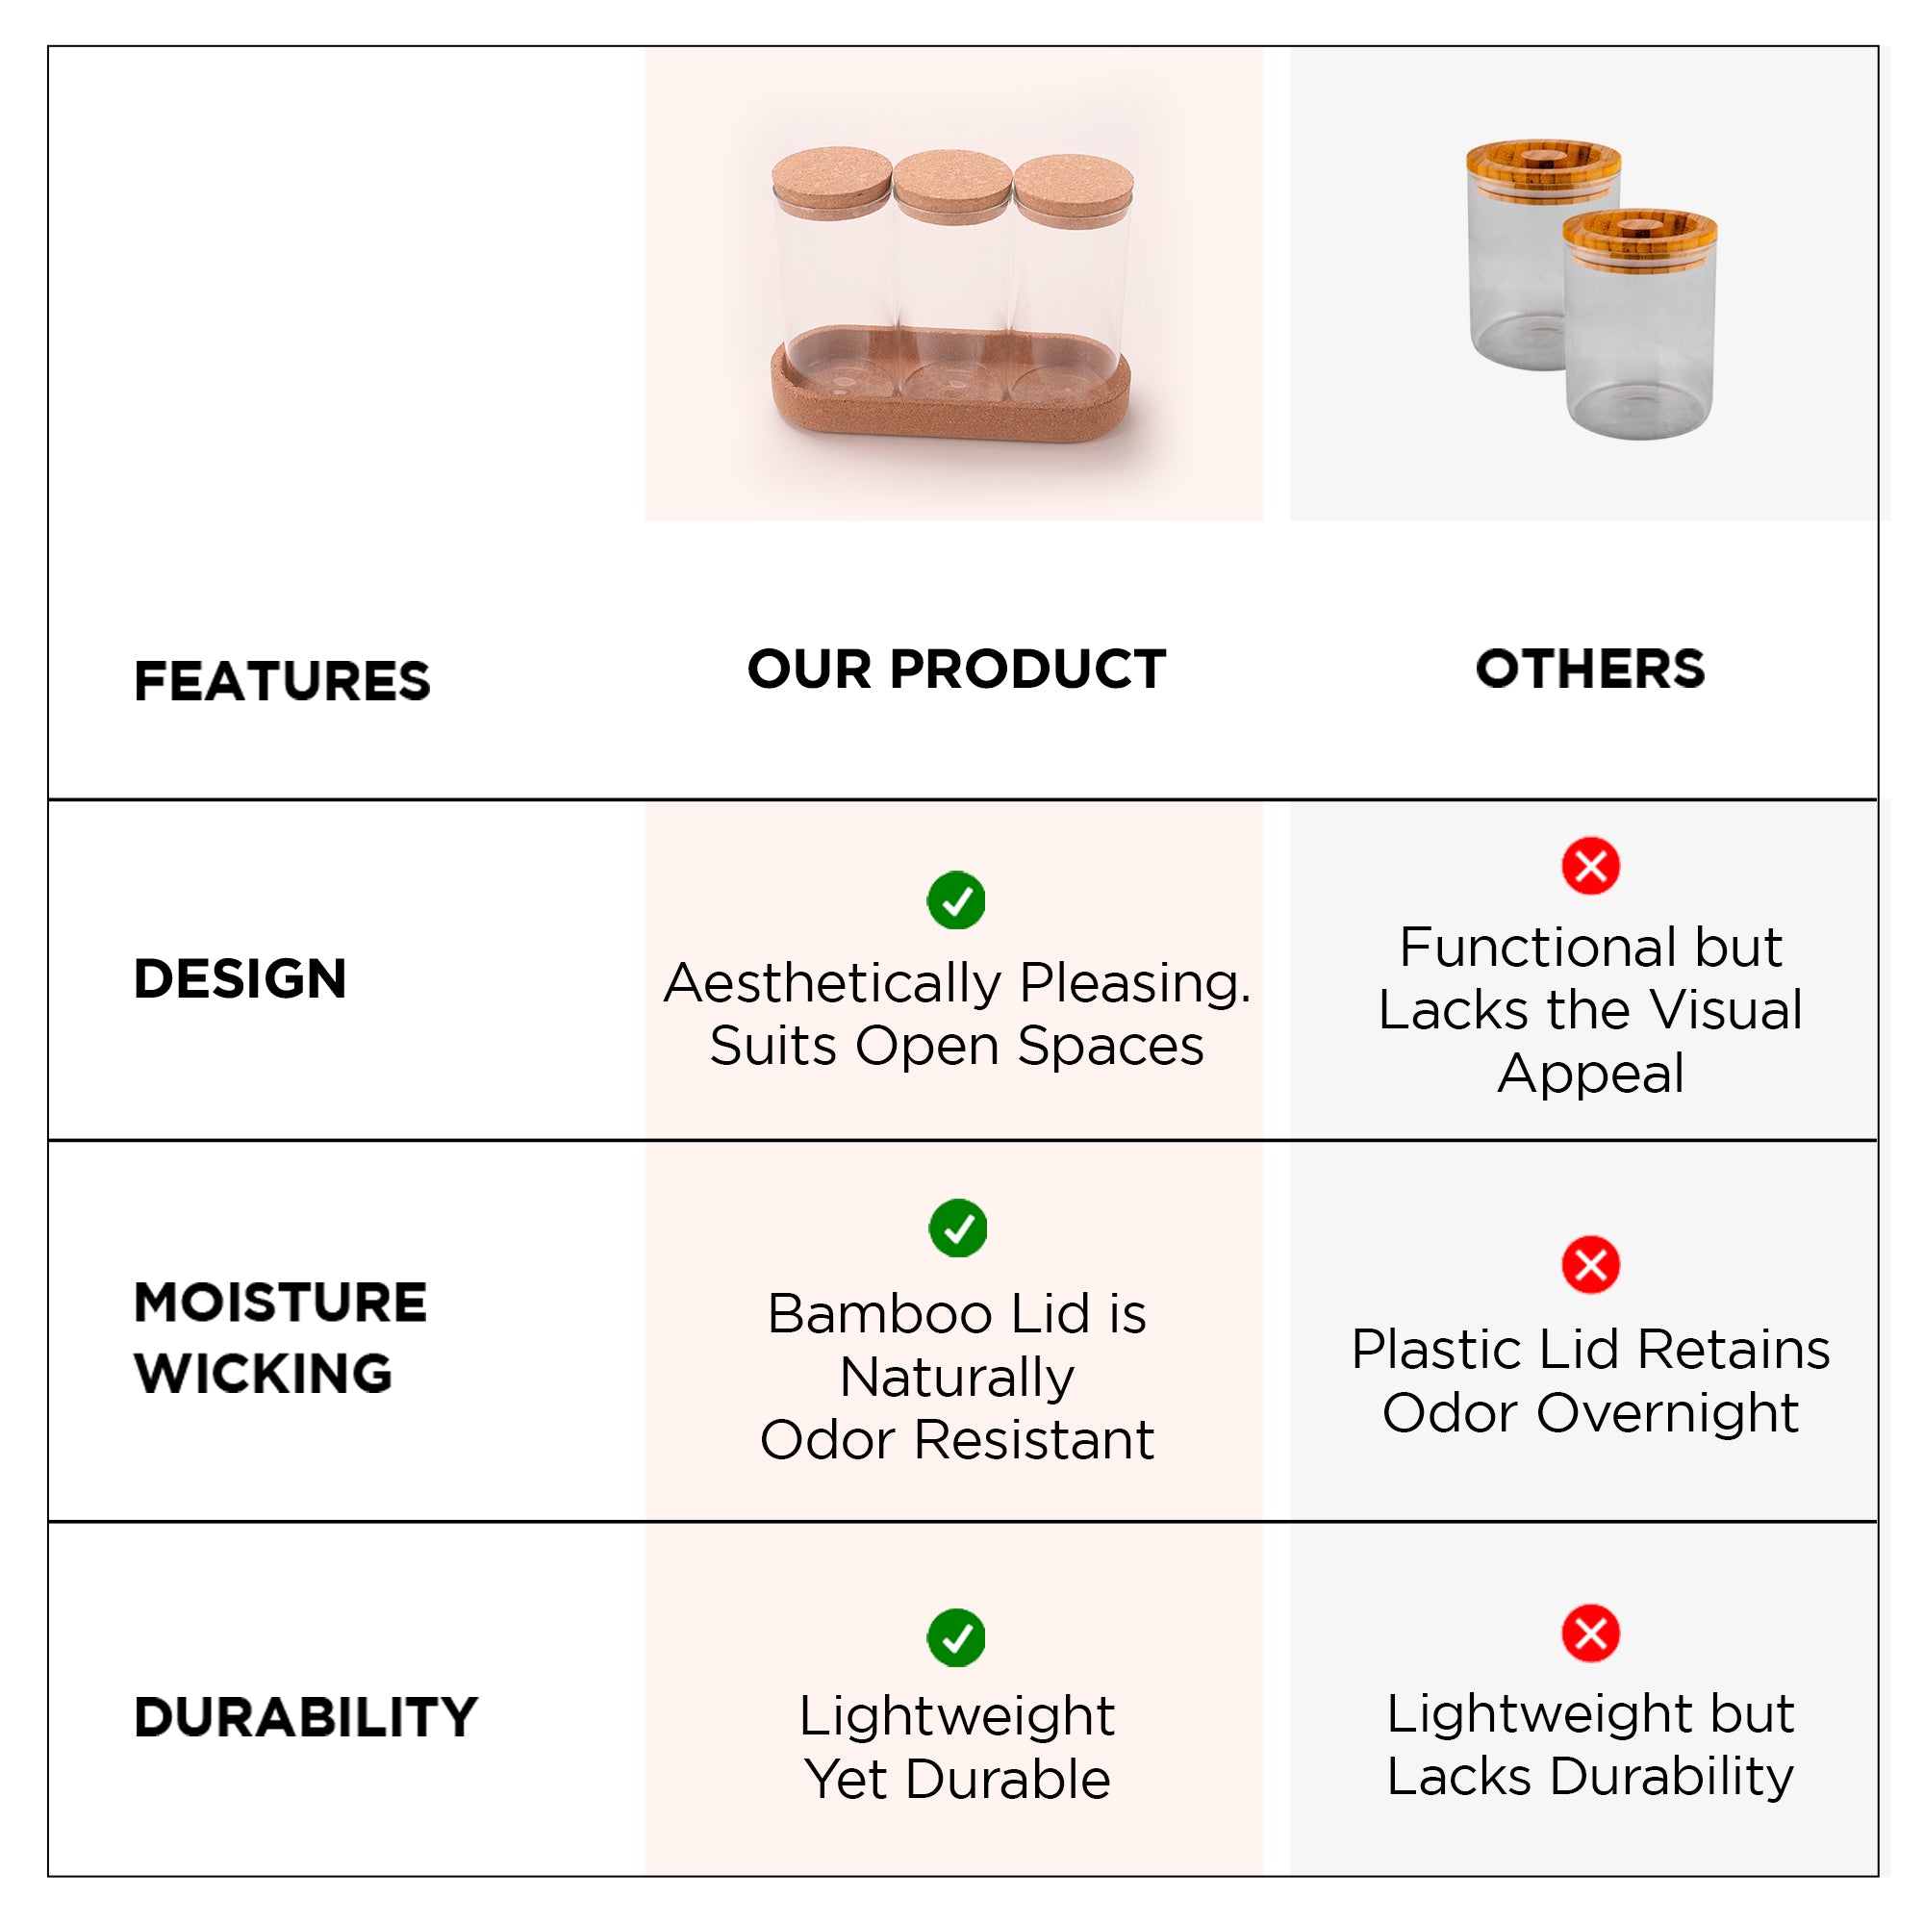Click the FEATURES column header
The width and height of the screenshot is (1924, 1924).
(282, 681)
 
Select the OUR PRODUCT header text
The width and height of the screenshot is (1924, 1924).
(956, 669)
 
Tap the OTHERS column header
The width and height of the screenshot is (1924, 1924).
(1589, 669)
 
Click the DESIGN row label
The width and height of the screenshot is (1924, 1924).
(240, 978)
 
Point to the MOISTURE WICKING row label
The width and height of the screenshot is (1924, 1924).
(281, 1337)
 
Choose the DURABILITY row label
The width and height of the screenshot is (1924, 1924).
(306, 1717)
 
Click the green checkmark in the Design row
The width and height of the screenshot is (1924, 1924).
(956, 900)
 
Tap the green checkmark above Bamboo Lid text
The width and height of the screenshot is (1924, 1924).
(958, 1228)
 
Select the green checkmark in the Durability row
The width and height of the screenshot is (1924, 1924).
(956, 1637)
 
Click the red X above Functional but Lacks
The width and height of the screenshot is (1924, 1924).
(1590, 866)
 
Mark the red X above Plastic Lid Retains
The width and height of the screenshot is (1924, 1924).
(1590, 1265)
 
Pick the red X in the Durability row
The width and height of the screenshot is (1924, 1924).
(1590, 1633)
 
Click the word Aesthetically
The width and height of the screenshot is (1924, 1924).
(832, 984)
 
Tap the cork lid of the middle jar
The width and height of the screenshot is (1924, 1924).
(953, 186)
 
